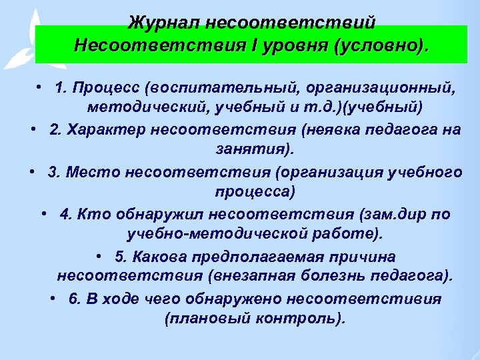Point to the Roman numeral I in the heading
tap(255, 46)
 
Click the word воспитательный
tap(212, 88)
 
